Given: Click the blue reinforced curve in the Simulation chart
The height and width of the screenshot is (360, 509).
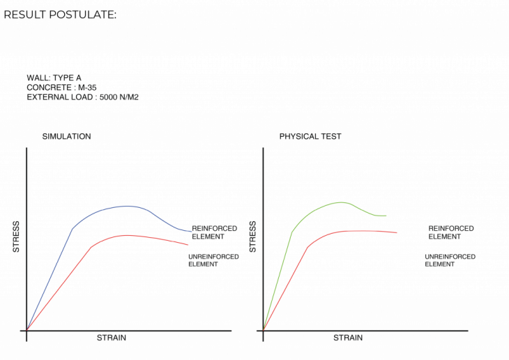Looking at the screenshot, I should point(126,206).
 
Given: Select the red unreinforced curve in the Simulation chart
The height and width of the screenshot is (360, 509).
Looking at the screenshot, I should point(126,236).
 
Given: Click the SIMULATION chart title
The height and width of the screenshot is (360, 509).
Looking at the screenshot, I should point(67,137).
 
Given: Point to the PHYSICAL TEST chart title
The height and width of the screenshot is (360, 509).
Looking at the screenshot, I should point(310,137).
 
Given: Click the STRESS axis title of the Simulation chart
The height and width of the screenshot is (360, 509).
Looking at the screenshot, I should point(16,237).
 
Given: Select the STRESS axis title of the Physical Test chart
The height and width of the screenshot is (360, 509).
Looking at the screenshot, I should point(253,237).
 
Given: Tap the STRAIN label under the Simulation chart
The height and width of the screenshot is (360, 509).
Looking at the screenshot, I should point(112,338).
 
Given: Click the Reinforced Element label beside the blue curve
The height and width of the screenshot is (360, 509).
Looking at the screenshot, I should point(214,232).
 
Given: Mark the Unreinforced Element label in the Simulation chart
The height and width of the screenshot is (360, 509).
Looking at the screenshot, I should point(213,261).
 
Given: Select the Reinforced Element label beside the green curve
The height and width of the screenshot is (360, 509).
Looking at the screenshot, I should point(451,232).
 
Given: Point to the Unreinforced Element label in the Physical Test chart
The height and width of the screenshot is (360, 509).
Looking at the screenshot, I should point(450,261).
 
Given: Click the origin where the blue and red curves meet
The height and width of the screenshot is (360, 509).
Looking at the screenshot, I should point(26,329).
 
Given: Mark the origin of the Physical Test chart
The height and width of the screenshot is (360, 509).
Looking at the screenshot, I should point(264,329).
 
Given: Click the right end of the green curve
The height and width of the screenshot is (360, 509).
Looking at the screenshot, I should point(386,216).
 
